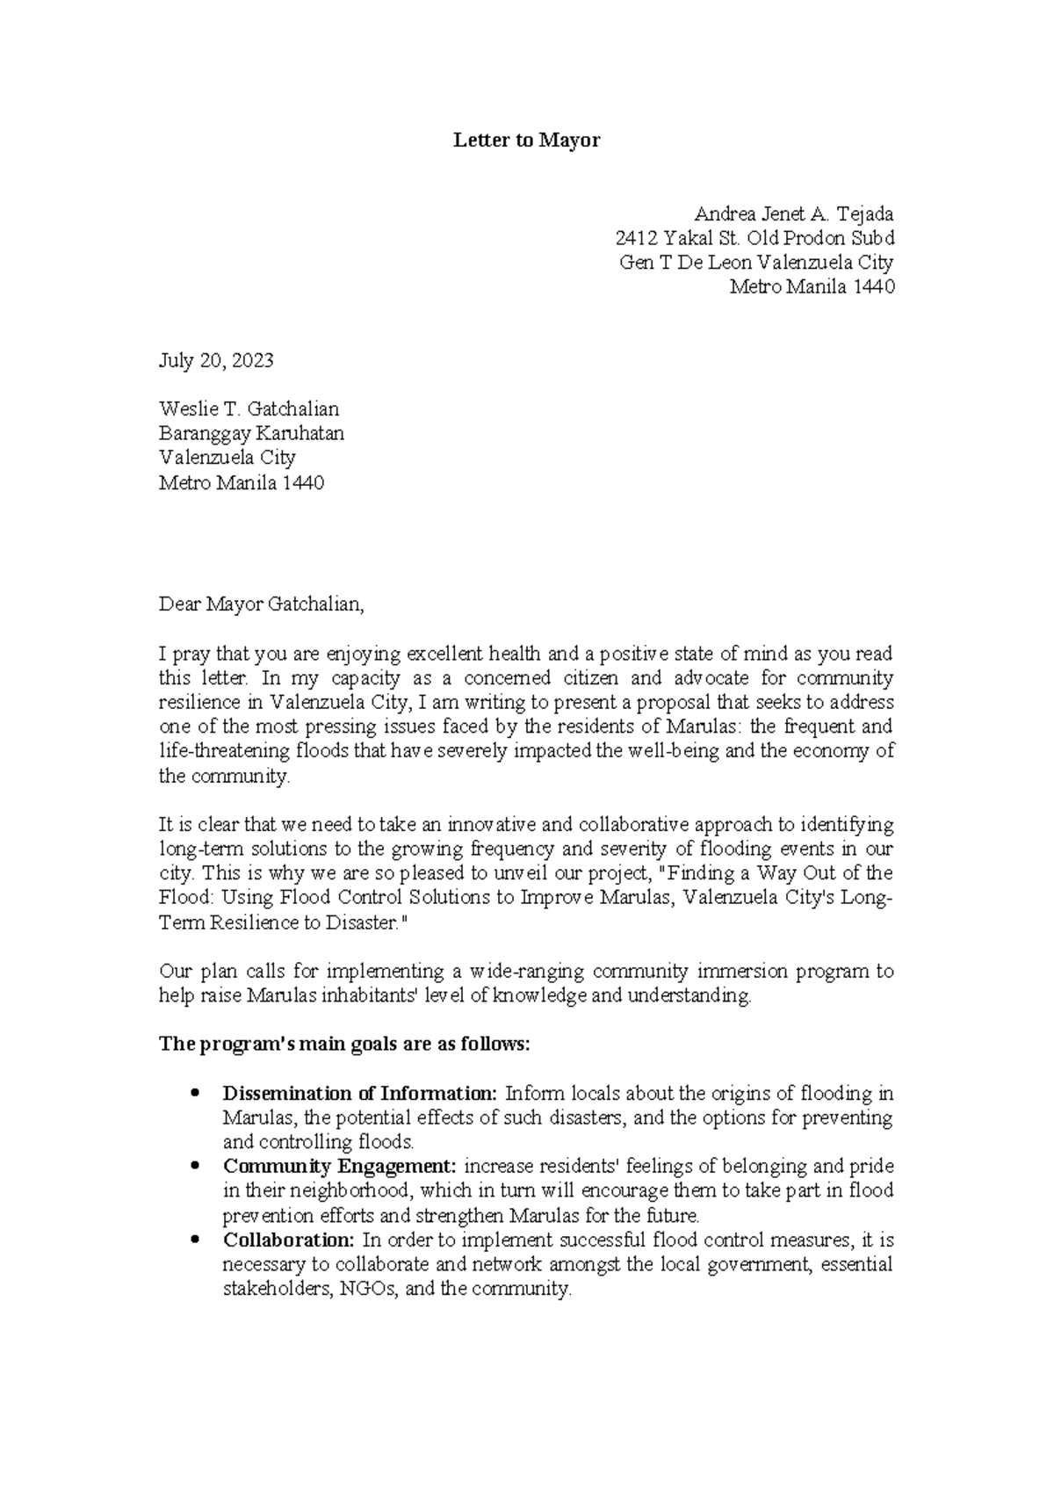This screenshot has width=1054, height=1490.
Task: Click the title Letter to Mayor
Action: click(x=526, y=141)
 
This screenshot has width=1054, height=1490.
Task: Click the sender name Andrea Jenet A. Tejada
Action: click(x=793, y=213)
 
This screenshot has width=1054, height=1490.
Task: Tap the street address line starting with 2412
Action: click(x=754, y=238)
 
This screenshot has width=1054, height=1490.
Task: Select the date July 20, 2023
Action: click(x=216, y=360)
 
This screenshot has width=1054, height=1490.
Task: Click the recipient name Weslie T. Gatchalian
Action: click(x=249, y=409)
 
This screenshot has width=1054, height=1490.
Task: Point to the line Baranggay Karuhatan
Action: click(x=251, y=433)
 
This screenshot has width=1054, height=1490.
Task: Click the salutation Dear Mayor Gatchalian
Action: click(x=260, y=604)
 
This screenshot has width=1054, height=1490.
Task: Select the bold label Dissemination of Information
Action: click(x=359, y=1094)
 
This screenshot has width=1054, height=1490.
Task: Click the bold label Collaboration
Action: click(x=288, y=1240)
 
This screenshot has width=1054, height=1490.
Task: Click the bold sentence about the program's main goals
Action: click(x=344, y=1045)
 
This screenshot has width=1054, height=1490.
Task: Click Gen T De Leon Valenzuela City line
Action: click(x=756, y=262)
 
